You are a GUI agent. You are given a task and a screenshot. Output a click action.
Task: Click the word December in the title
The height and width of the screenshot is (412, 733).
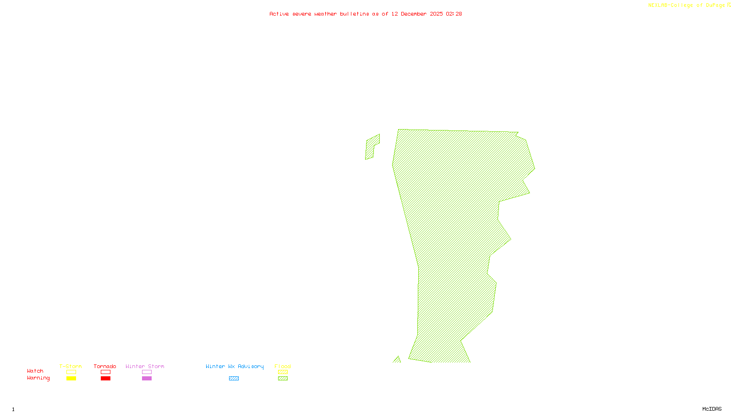[414, 14]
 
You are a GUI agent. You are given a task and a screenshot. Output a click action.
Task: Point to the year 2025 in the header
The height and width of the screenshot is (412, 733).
[436, 14]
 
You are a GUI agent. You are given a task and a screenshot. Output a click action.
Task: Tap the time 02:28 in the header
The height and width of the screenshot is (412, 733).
[454, 14]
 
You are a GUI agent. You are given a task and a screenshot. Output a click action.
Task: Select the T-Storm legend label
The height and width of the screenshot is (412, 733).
[71, 366]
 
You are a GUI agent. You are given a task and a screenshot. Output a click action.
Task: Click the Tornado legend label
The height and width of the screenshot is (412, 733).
[105, 366]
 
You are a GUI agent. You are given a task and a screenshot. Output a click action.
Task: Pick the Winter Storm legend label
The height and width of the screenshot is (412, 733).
[145, 366]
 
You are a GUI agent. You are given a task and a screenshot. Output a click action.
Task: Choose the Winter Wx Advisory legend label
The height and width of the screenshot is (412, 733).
[235, 366]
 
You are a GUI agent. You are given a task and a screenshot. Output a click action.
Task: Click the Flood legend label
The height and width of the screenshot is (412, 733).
[283, 366]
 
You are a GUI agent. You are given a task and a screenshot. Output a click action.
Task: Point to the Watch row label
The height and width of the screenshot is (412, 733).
[35, 371]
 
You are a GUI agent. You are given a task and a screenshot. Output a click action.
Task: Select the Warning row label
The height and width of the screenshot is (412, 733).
[38, 378]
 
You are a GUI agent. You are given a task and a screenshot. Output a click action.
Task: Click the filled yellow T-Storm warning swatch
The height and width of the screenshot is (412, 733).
[71, 379]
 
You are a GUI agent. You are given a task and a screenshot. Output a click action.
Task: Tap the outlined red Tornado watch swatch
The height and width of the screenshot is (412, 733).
[105, 372]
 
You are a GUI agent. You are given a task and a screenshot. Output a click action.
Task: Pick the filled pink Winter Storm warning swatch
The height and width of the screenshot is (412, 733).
[147, 379]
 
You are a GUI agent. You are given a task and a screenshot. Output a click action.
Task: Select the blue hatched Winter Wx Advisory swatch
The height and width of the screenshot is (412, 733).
[234, 379]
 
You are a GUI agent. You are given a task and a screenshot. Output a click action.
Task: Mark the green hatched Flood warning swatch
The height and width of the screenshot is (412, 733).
[283, 379]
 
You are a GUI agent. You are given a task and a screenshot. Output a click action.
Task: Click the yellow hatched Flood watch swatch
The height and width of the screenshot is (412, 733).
[283, 372]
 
